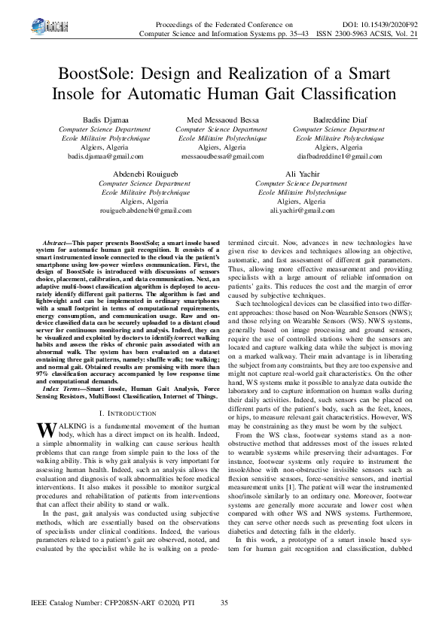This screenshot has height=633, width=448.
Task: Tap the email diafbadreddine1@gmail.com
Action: point(340,156)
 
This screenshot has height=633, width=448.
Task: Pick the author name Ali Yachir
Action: point(301,174)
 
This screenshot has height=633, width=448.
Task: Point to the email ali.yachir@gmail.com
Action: point(301,210)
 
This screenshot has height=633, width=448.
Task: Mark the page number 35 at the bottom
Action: point(224,604)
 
